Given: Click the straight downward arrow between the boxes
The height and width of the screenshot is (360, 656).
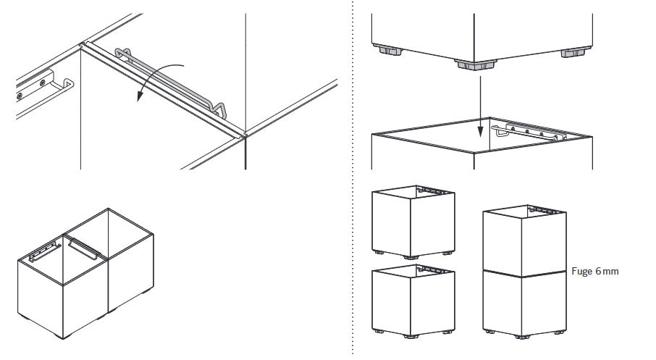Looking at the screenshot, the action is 480,106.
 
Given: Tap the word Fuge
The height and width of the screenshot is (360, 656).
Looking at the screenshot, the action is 581,271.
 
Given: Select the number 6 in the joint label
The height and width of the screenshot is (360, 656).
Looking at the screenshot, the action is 598,271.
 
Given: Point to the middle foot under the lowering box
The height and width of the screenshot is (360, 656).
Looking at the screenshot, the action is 476,65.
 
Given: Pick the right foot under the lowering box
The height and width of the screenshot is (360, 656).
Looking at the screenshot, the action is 576,52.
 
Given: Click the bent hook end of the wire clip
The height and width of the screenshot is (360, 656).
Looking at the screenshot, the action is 219,109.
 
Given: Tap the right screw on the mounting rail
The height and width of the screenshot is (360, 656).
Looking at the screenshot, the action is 43,83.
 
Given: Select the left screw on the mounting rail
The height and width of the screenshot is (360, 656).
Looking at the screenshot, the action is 20,96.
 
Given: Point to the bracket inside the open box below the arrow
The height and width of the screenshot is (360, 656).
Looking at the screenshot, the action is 529,131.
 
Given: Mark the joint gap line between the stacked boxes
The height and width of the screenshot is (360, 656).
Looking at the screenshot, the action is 525,273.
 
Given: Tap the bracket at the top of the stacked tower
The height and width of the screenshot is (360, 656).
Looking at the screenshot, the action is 544,210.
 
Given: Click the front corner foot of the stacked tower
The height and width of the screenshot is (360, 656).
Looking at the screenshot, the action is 522,337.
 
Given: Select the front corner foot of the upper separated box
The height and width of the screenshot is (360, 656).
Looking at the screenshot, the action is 411,257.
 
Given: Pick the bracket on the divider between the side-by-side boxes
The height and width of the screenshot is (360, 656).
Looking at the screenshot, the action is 84,248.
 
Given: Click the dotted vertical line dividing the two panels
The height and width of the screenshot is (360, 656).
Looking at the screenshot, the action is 353,180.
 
